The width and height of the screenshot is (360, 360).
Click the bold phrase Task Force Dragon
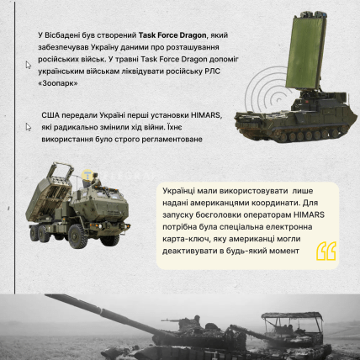pos(172,35)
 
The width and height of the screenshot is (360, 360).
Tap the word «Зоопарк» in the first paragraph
pos(58,83)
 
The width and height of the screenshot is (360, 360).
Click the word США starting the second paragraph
pos(50,115)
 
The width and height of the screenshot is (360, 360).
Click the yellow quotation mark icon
pos(326,251)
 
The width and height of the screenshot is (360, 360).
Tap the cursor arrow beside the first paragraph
pos(29,65)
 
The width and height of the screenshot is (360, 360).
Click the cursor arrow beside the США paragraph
pos(29,127)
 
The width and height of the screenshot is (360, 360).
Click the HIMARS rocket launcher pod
pos(48,193)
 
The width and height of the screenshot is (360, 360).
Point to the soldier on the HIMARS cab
pos(95,180)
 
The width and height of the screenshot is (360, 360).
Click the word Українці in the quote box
pos(177,191)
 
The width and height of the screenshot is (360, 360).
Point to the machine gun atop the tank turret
pos(173,320)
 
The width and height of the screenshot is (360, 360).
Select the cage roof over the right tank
pos(292,317)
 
